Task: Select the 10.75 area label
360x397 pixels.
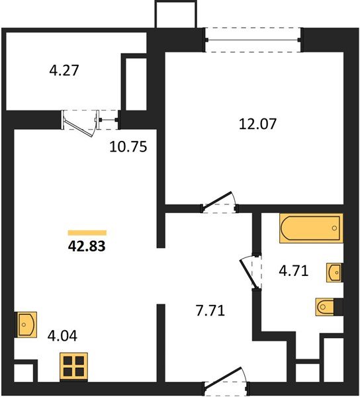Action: click(x=127, y=146)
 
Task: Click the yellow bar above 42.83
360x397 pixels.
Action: click(x=87, y=232)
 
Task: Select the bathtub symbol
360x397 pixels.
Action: click(x=310, y=229)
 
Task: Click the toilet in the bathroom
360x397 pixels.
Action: click(x=329, y=306)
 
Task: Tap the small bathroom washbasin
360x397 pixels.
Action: click(x=334, y=271)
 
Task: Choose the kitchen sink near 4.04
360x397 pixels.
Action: click(x=26, y=325)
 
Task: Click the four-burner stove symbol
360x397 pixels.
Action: click(x=73, y=366)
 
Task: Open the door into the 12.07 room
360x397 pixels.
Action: click(x=220, y=202)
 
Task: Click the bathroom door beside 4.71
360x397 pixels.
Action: click(x=249, y=270)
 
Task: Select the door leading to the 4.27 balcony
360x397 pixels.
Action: click(x=86, y=123)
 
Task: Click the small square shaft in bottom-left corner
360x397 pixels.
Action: click(x=22, y=371)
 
